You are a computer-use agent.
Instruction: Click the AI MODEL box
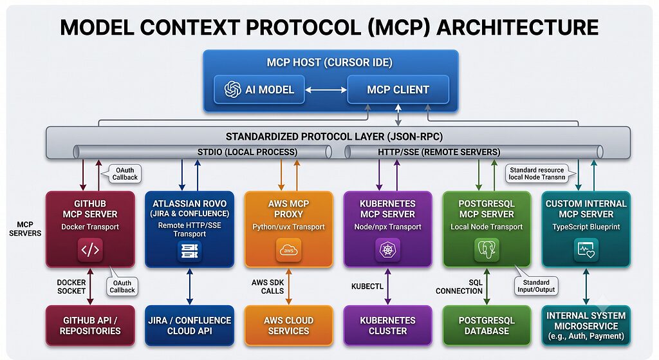coord(259,89)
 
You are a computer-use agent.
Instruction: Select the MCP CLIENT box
coord(398,89)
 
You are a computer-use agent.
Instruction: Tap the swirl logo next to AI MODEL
coord(232,89)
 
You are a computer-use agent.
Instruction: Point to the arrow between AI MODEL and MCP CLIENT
coord(326,90)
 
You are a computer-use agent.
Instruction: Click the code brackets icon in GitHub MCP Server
coord(90,250)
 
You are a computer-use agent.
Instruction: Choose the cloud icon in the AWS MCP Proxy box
coord(288,250)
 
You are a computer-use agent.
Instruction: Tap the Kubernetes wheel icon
coord(387,250)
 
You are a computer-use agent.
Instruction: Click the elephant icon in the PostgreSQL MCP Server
coord(487,250)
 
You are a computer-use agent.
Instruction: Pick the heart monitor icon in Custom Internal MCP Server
coord(586,250)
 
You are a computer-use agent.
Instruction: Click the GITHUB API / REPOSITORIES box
coord(90,325)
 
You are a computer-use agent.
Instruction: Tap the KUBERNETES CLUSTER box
coord(387,325)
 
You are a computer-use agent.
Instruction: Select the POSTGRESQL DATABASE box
coord(487,325)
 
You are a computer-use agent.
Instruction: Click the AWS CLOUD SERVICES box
coord(289,325)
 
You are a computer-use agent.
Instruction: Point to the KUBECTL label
coord(367,287)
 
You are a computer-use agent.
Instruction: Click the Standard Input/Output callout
coord(536,286)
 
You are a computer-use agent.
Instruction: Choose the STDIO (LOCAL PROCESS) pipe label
coord(247,152)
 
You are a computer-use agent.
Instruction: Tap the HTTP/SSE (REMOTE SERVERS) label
coord(439,152)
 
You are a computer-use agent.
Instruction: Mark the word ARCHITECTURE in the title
coord(517,27)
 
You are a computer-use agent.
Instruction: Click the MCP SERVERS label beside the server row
coord(25,229)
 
